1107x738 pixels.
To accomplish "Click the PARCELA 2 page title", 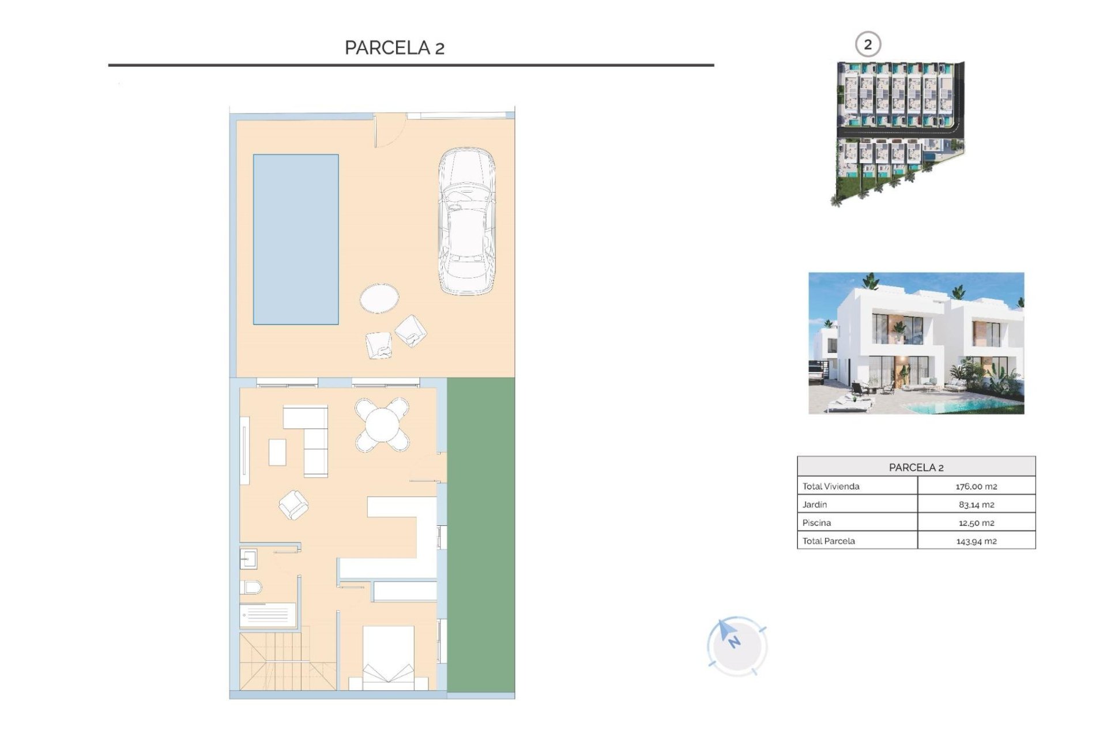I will [x=394, y=48].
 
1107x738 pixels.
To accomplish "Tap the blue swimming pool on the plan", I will [x=296, y=239].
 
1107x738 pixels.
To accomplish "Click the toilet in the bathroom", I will [x=252, y=588].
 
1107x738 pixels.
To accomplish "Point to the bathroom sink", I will [x=248, y=559].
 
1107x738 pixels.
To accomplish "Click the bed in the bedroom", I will [x=388, y=657].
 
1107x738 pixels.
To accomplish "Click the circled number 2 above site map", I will [x=867, y=44].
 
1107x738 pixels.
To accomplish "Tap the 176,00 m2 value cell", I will [x=976, y=486].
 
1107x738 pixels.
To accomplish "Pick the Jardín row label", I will [x=815, y=504].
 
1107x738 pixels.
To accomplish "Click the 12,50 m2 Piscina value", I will [x=976, y=523].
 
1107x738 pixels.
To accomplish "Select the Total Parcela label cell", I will [x=829, y=541].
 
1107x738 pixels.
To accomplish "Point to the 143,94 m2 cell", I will [x=976, y=541].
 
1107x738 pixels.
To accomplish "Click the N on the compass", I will [x=733, y=641].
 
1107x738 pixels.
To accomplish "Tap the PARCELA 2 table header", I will [x=916, y=467].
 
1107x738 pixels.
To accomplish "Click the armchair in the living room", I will [x=293, y=504].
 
